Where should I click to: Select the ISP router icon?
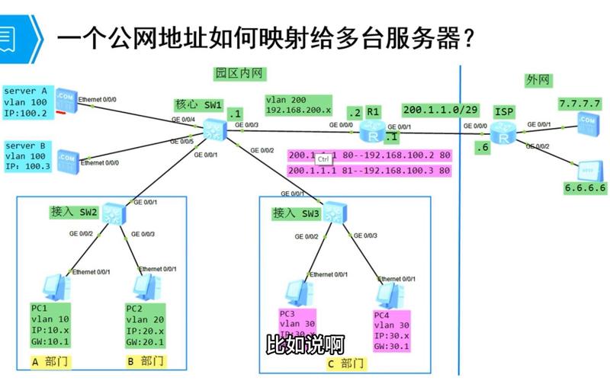(x=503, y=132)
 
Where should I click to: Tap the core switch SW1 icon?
(x=214, y=129)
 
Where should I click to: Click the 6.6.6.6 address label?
(x=582, y=187)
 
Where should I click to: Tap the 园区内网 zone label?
(x=239, y=74)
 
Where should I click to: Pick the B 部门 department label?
(x=144, y=360)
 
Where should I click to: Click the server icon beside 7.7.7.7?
(x=586, y=120)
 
